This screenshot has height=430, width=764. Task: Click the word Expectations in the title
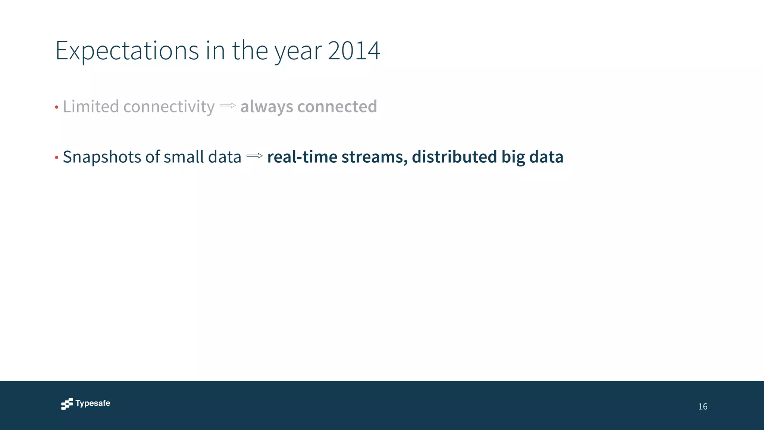(x=127, y=50)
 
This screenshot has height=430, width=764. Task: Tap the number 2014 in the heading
(x=354, y=50)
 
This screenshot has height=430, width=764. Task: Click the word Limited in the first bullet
(x=91, y=106)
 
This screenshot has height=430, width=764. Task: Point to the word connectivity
(x=169, y=107)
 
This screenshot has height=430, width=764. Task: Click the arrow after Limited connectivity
(x=228, y=106)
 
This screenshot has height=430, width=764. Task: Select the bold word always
(x=266, y=107)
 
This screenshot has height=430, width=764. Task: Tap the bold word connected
(x=337, y=106)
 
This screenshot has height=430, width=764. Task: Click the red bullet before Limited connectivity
(x=57, y=108)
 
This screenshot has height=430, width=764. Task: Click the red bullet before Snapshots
(x=57, y=158)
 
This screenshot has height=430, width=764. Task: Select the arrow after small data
(x=255, y=156)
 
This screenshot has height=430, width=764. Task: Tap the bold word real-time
(x=302, y=157)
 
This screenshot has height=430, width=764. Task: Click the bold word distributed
(x=454, y=157)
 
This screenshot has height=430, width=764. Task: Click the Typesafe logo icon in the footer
(x=67, y=404)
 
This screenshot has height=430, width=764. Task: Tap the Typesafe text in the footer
(x=93, y=403)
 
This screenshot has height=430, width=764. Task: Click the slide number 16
(x=702, y=406)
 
